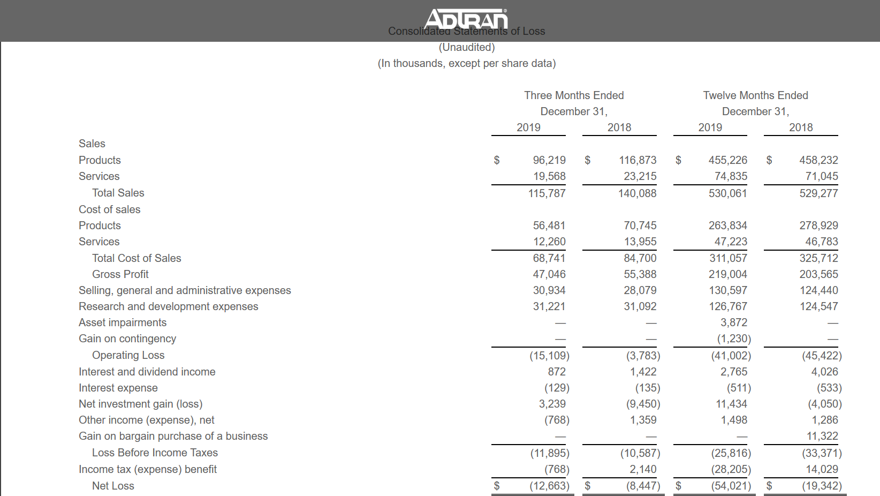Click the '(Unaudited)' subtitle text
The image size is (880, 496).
[467, 47]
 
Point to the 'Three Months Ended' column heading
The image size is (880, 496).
[574, 95]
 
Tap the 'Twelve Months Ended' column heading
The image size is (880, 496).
[755, 95]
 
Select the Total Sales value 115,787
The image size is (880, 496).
[547, 193]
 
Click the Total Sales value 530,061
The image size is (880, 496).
[727, 193]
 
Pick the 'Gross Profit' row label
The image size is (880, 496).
[120, 274]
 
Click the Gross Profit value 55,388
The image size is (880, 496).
[640, 274]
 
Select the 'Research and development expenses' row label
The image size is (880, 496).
[168, 306]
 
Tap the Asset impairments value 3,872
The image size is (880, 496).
[733, 322]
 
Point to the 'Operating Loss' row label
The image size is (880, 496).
[128, 355]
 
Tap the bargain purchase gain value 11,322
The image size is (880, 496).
[822, 436]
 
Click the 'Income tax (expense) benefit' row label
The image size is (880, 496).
[148, 469]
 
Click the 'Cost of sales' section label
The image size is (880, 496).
[109, 209]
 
